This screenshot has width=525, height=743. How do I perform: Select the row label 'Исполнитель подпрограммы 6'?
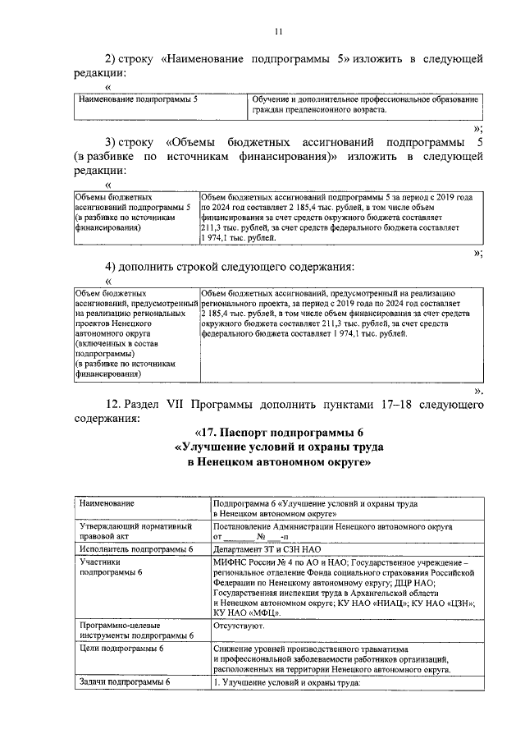point(135,549)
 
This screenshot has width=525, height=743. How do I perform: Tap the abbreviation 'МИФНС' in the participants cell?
point(231,562)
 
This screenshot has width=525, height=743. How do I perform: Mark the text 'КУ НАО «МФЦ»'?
point(247,612)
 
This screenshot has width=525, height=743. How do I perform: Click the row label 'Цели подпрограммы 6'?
point(121,649)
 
